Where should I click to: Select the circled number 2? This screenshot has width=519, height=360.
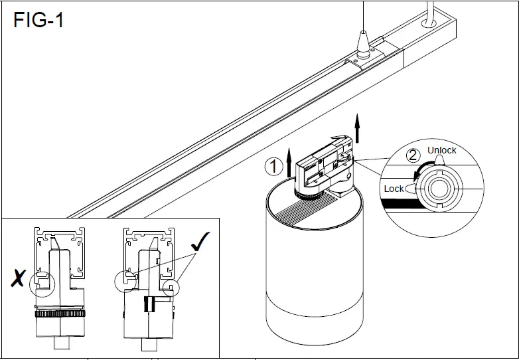[413, 156]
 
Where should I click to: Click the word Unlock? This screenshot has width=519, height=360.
[441, 150]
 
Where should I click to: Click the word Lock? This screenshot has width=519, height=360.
[394, 189]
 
